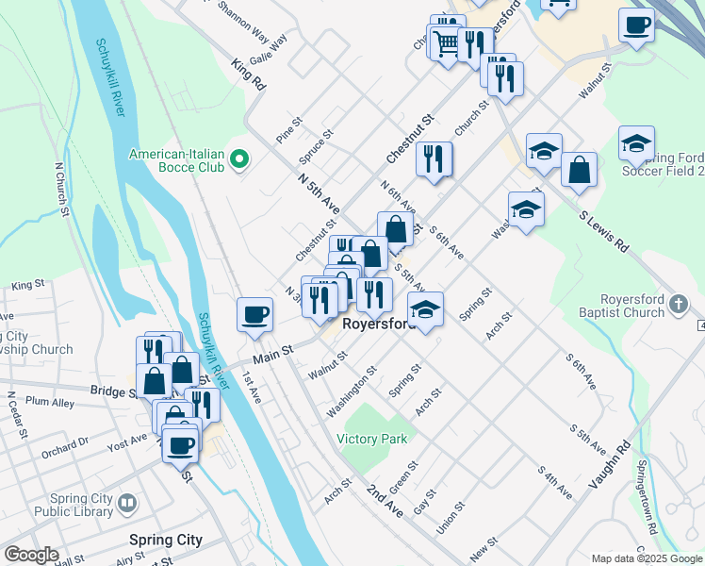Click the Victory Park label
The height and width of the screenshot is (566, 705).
click(x=373, y=439)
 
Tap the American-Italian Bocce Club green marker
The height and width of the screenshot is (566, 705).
click(x=239, y=160)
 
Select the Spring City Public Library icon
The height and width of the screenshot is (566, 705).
click(x=129, y=507)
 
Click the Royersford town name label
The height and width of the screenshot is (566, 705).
click(x=379, y=324)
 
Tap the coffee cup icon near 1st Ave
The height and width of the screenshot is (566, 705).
click(x=254, y=315)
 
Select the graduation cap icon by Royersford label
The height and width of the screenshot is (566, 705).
click(x=426, y=309)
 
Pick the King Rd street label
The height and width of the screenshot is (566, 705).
click(x=249, y=75)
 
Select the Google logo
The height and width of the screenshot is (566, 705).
click(x=31, y=555)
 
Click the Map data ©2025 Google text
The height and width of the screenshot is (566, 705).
click(x=647, y=558)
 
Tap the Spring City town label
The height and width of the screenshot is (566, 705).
click(x=165, y=541)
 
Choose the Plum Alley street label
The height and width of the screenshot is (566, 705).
click(x=50, y=402)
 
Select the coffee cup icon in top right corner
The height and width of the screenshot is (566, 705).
click(x=636, y=25)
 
